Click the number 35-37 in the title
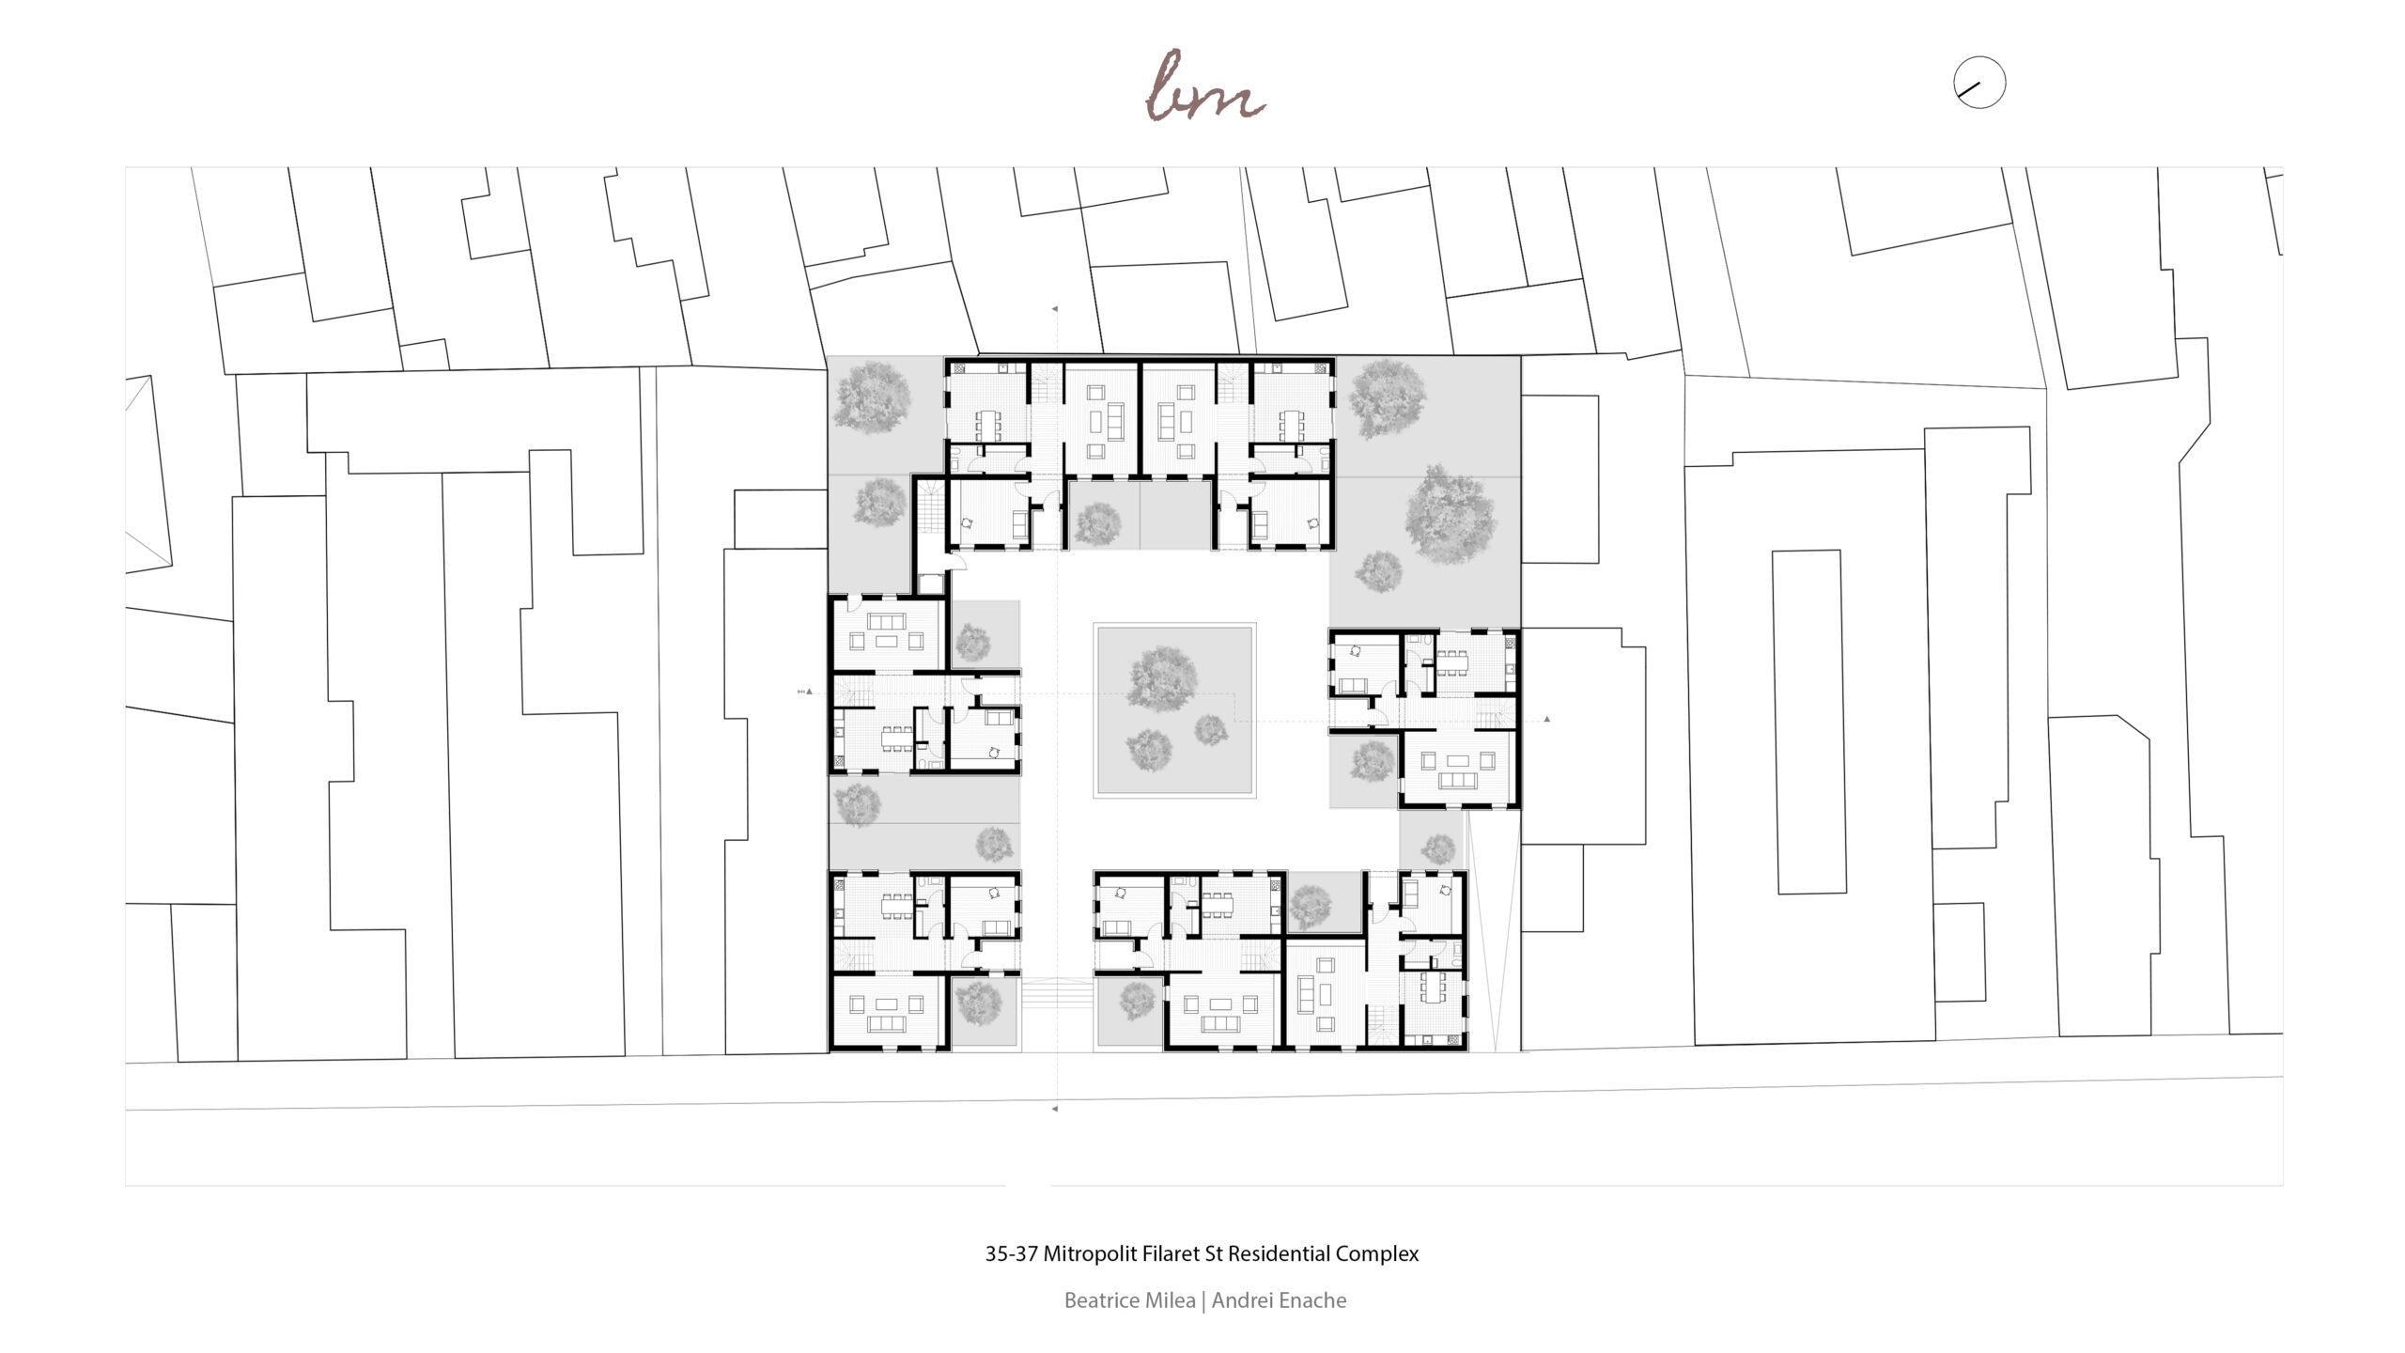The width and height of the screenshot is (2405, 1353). tap(1012, 1253)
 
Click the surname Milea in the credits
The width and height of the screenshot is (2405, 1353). tap(1169, 1300)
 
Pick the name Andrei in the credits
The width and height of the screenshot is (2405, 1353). tap(1238, 1300)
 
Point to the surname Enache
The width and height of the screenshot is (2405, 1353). tap(1309, 1300)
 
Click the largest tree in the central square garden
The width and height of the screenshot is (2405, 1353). tap(1163, 678)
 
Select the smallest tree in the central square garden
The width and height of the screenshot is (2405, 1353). tap(1210, 730)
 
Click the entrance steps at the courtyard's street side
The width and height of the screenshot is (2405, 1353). tap(1057, 994)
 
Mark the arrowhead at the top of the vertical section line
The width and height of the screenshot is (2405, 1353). tap(1055, 308)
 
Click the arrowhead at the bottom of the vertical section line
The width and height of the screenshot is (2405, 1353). tap(1055, 1109)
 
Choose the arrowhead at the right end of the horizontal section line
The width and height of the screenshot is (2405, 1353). tap(1546, 720)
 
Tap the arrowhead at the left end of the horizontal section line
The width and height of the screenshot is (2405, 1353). tap(809, 692)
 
